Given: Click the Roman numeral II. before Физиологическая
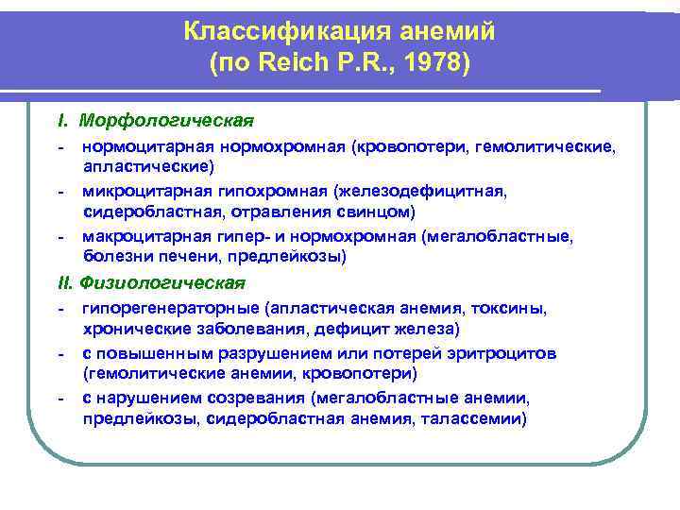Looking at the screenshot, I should coord(65,282).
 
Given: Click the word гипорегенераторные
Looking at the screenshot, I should coord(171,309).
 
